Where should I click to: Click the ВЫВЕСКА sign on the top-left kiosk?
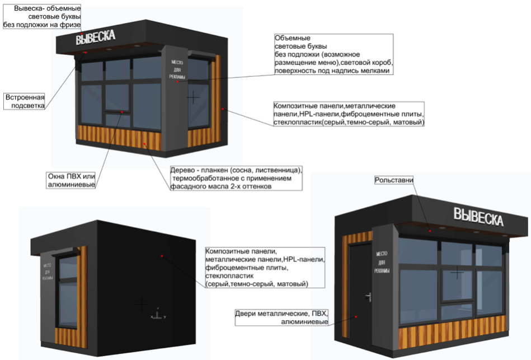(x=95, y=38)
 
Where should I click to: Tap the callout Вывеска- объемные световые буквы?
(x=43, y=17)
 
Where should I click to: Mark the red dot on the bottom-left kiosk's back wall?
(x=162, y=256)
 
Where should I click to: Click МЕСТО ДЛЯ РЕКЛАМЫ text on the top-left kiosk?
(x=177, y=66)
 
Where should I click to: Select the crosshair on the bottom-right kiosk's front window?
(x=458, y=273)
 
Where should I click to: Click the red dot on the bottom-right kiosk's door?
(x=355, y=316)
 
